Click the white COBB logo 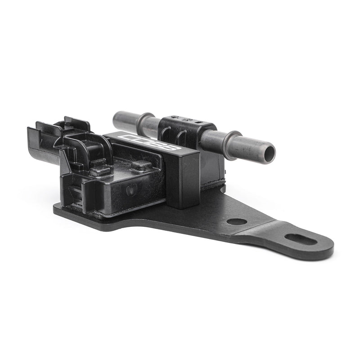(x=152, y=141)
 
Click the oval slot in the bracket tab (x=301, y=239)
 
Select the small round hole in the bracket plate (x=236, y=221)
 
